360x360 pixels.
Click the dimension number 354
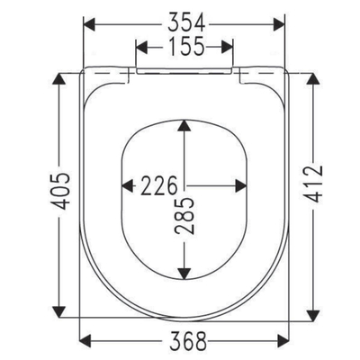pyautogui.click(x=186, y=23)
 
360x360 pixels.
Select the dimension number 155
pyautogui.click(x=186, y=47)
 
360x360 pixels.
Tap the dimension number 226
pyautogui.click(x=159, y=186)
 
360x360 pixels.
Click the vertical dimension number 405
pyautogui.click(x=60, y=191)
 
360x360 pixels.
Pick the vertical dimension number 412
pyautogui.click(x=313, y=184)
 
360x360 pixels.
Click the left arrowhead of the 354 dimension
pyautogui.click(x=89, y=24)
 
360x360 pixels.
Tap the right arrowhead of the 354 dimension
pyautogui.click(x=279, y=24)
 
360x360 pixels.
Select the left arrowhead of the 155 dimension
pyautogui.click(x=142, y=48)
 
